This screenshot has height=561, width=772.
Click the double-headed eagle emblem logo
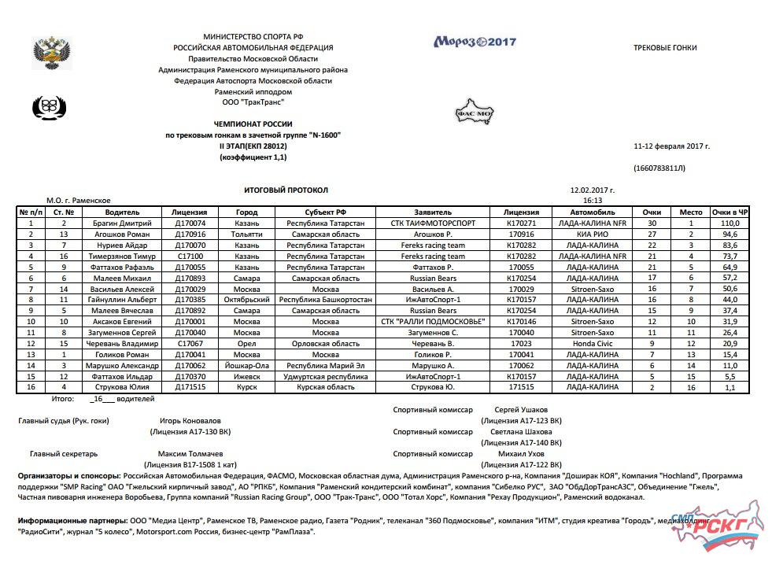(52, 52)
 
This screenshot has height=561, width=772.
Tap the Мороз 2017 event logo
(475, 42)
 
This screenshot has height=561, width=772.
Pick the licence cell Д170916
(190, 234)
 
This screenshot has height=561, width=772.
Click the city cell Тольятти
(246, 234)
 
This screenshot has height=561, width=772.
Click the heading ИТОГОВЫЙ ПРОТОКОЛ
(286, 190)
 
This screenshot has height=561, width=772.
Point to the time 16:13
(592, 201)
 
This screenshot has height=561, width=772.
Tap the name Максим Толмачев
(190, 454)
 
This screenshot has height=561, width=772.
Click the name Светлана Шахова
(521, 432)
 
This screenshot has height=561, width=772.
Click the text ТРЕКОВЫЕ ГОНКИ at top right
(665, 48)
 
